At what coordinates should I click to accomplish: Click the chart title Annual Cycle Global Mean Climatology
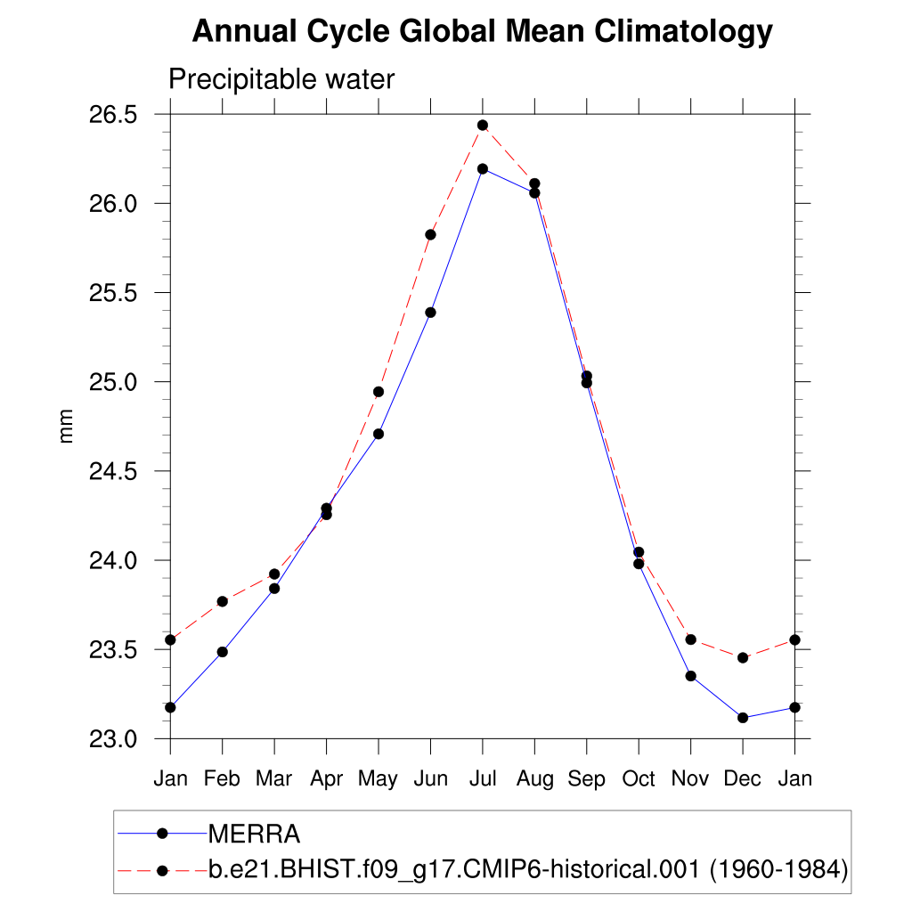pos(482,32)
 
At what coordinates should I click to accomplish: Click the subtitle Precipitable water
pos(281,79)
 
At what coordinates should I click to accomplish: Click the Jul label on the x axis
pos(483,779)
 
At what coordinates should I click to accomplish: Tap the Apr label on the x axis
pos(326,779)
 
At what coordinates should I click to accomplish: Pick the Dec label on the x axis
pos(742,779)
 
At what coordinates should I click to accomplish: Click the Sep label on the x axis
pos(586,779)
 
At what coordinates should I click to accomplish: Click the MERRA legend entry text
pos(254,835)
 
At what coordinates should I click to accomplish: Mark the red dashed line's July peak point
pos(483,126)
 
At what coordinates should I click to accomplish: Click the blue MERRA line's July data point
pos(483,168)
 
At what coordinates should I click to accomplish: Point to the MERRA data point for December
pos(743,718)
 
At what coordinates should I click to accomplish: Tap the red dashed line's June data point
pos(430,234)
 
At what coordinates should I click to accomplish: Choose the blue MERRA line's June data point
pos(430,313)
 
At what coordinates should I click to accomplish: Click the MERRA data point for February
pos(223,652)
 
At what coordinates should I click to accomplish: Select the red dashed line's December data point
pos(743,657)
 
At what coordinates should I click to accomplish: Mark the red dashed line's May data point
pos(379,392)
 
